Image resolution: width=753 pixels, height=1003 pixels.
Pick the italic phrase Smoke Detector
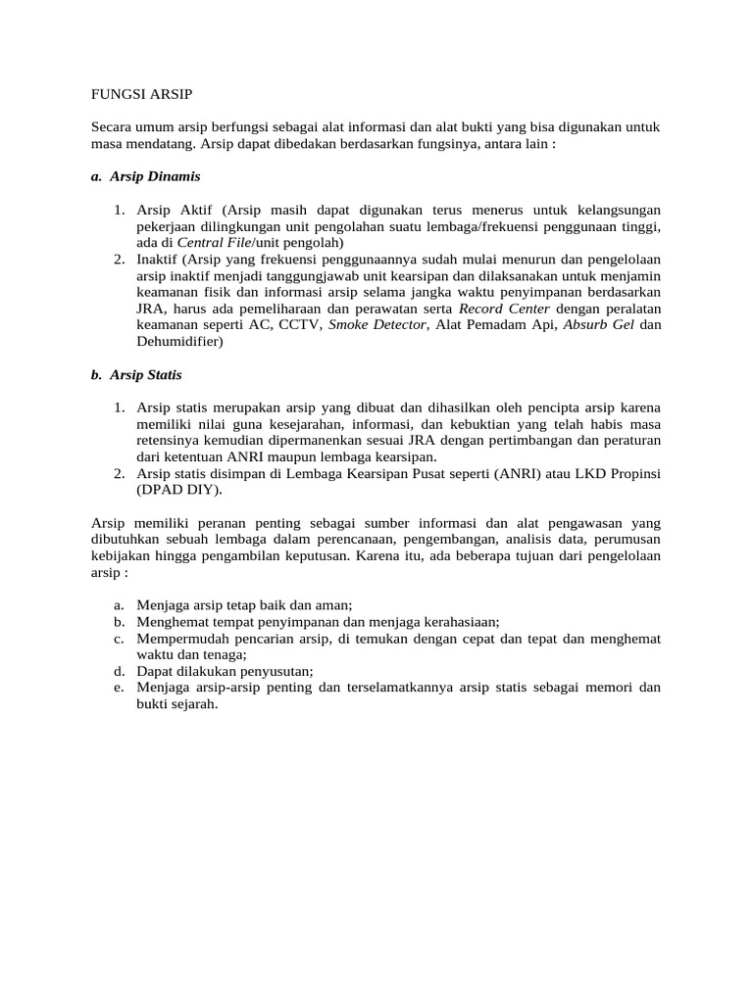pyautogui.click(x=377, y=325)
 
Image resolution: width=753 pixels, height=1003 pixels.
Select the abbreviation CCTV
pyautogui.click(x=299, y=325)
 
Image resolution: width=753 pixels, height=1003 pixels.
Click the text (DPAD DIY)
pyautogui.click(x=179, y=490)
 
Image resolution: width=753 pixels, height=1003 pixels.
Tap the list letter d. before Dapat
pyautogui.click(x=119, y=671)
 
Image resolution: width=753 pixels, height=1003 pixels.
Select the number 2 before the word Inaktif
pyautogui.click(x=117, y=259)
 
